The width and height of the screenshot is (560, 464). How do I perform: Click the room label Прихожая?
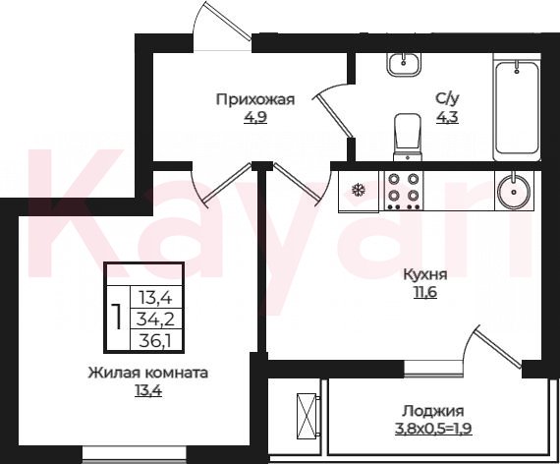(x=255, y=99)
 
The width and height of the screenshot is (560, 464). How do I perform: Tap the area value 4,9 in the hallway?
(x=255, y=117)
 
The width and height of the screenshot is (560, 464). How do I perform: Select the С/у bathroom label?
(x=446, y=98)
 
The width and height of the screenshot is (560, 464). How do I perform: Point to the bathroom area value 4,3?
(x=447, y=117)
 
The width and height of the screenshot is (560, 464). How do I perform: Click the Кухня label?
(x=425, y=275)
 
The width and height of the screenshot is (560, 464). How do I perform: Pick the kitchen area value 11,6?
(x=425, y=292)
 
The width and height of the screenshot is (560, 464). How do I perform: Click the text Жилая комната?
(x=148, y=373)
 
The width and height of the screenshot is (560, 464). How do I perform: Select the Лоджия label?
(x=433, y=411)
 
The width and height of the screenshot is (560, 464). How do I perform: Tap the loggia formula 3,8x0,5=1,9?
(x=433, y=429)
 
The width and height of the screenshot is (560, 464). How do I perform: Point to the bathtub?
(x=517, y=107)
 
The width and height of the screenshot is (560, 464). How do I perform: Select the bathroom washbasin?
(x=405, y=64)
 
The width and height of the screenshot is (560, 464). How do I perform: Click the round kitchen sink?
(x=514, y=192)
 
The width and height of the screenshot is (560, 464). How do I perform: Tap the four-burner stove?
(x=404, y=190)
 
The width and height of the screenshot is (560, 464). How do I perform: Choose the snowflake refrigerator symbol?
(x=358, y=190)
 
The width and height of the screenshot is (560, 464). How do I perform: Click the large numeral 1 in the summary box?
(x=117, y=317)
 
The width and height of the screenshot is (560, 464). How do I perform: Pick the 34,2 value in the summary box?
(x=156, y=319)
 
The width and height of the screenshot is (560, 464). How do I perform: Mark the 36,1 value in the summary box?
(x=156, y=340)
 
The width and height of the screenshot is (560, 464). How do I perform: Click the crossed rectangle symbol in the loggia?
(x=308, y=415)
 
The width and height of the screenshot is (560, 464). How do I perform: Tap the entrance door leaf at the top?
(x=229, y=21)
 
